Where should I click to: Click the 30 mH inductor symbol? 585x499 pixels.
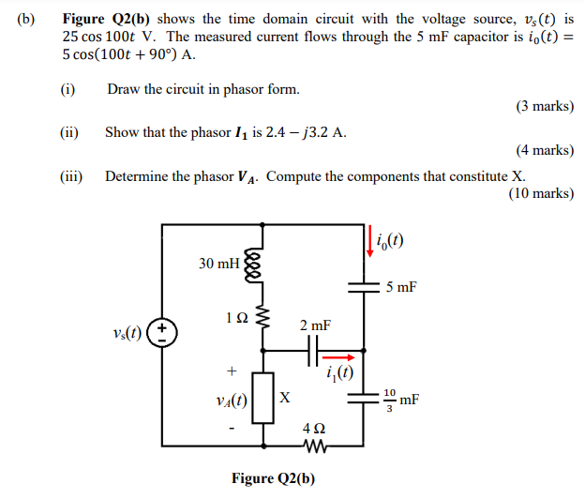coord(250,266)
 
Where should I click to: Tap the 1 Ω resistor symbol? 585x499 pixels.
coord(263,319)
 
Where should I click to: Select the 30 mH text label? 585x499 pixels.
coord(218,264)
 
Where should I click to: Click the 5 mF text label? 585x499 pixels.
coord(401,287)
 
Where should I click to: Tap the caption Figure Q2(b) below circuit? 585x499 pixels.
coord(274,478)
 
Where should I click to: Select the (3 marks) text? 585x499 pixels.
coord(545,106)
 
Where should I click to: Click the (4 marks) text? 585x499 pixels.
coord(545,149)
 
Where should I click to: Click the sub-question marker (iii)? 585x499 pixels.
coord(71,175)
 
